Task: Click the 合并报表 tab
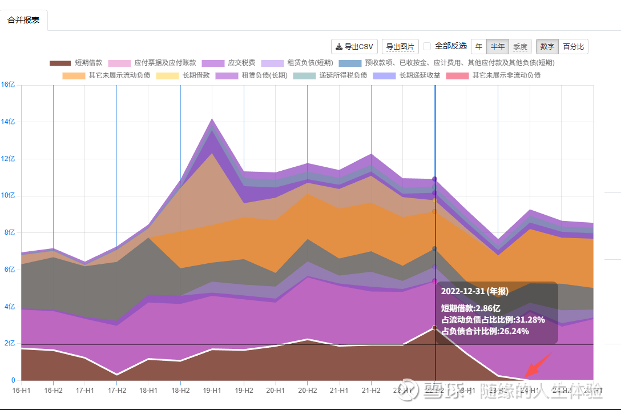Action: coord(23,20)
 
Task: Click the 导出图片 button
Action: coord(400,47)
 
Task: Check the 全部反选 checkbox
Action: coord(427,46)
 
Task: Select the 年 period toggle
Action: coord(478,47)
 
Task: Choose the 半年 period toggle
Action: coord(498,47)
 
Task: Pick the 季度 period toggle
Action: coord(520,47)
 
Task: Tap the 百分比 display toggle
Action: coord(573,47)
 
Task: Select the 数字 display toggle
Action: coord(547,47)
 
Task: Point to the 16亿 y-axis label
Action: coord(8,85)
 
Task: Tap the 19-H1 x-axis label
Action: coord(212,391)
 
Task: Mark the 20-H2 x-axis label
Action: coord(307,391)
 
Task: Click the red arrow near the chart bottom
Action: coord(538,365)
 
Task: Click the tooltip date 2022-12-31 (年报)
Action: coord(474,291)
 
